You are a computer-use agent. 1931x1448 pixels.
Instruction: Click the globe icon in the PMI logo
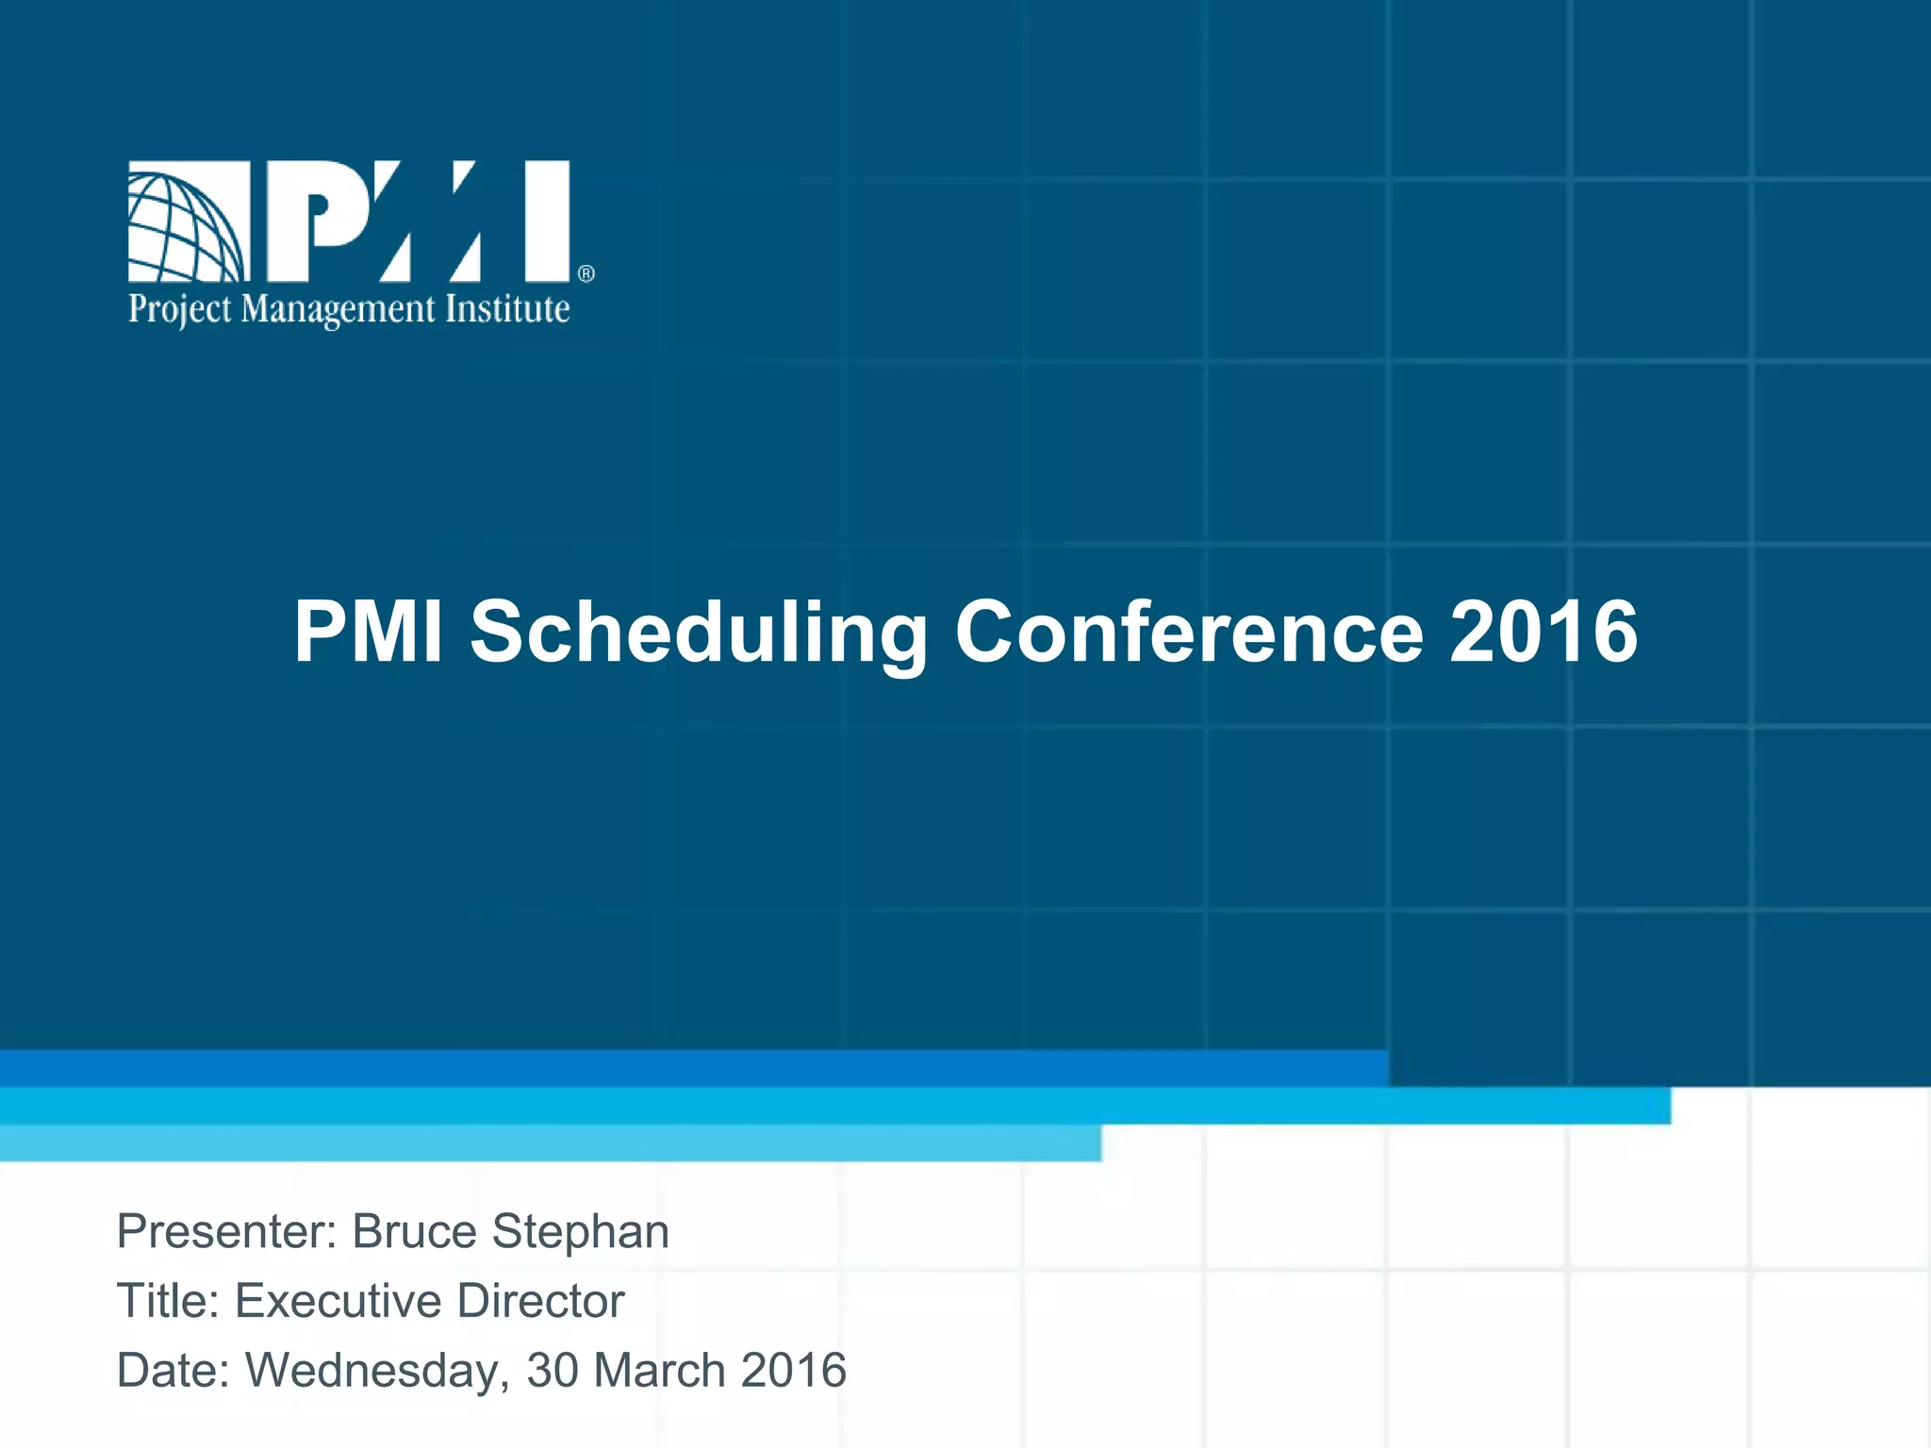click(x=188, y=222)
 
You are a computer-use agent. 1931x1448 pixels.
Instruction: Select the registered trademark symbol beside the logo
click(x=586, y=274)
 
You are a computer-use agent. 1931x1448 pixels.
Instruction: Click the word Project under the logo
click(x=179, y=310)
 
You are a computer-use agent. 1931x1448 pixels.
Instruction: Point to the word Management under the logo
click(x=338, y=310)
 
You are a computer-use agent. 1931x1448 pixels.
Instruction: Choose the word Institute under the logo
click(x=507, y=308)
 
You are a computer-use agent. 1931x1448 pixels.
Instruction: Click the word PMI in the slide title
click(x=368, y=632)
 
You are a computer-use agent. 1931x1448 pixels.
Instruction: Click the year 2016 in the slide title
click(x=1543, y=632)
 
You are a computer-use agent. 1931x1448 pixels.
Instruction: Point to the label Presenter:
click(x=227, y=1231)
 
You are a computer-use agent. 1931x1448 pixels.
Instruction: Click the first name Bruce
click(x=415, y=1231)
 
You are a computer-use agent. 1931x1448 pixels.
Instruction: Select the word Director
click(x=541, y=1301)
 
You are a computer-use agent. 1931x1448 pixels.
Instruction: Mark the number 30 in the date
click(x=553, y=1371)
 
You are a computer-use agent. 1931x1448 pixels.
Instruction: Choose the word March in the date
click(x=660, y=1371)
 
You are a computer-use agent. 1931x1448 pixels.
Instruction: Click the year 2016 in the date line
click(x=794, y=1371)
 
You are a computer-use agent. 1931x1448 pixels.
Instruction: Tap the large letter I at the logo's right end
click(x=547, y=222)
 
